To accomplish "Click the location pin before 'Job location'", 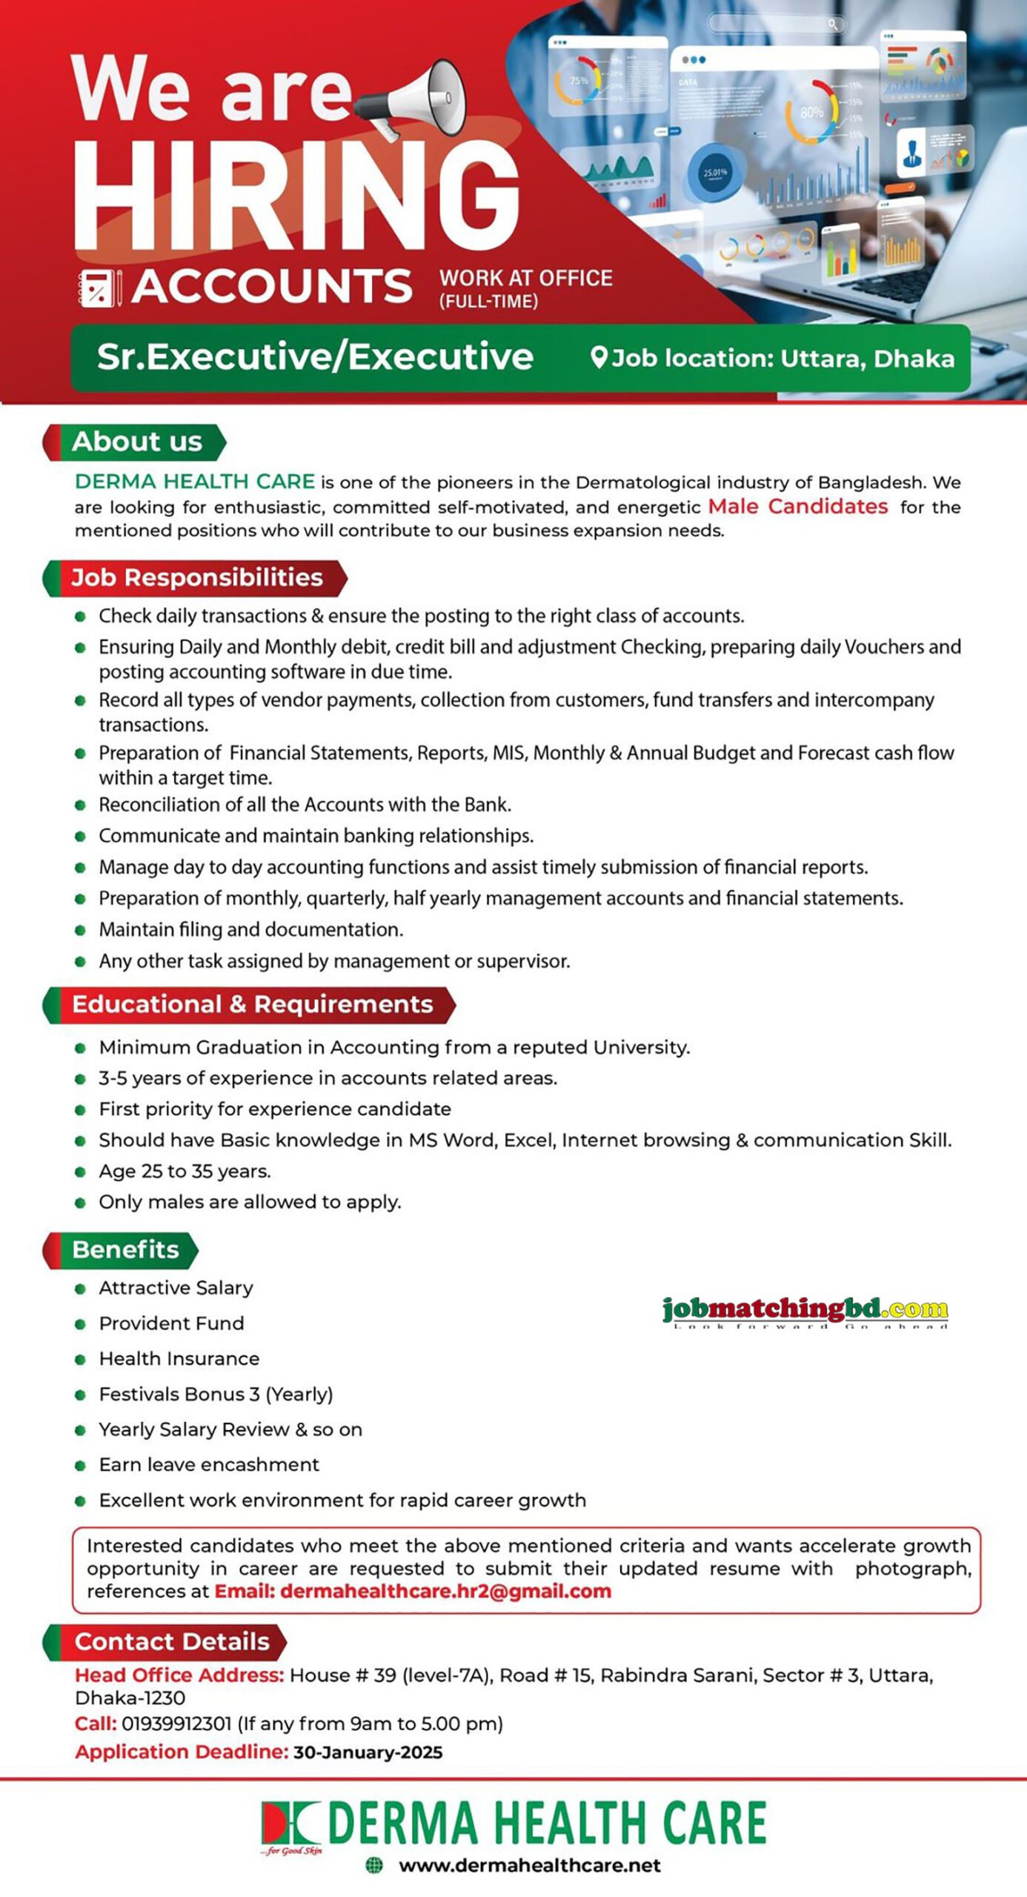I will coord(599,358).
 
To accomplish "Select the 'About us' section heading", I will coord(136,442).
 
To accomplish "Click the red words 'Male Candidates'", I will coord(797,507).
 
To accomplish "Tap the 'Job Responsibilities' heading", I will coord(196,577).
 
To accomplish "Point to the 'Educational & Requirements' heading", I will coord(252,1004).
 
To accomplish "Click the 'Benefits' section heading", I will coord(125,1249).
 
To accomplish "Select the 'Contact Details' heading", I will coord(171,1642).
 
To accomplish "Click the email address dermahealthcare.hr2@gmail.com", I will coord(445,1591).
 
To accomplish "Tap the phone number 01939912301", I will coord(176,1724).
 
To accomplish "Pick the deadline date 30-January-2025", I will coord(368,1753).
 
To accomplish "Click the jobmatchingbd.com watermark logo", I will coord(805,1311).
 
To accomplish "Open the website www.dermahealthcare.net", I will coord(529,1865).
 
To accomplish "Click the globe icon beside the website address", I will coord(375,1865).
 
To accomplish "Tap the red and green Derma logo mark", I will coord(290,1824).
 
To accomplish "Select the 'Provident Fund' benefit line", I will coord(171,1323).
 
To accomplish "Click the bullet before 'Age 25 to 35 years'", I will coord(81,1172).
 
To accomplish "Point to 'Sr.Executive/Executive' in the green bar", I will coord(315,357).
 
